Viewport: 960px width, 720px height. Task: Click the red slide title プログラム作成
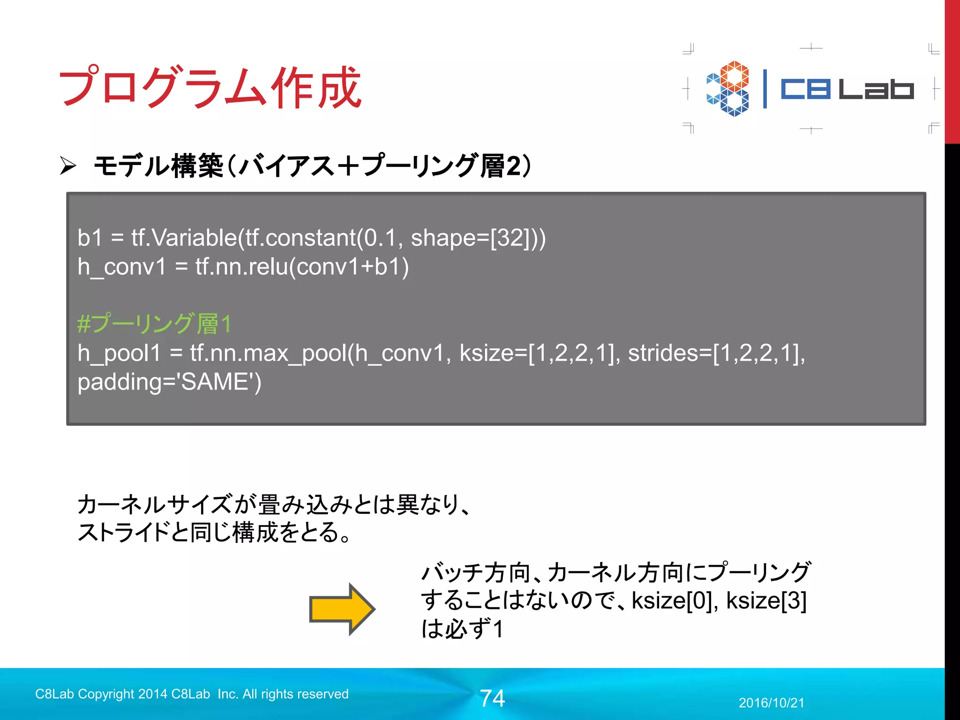coord(210,87)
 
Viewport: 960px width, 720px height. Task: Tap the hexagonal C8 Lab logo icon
coord(728,89)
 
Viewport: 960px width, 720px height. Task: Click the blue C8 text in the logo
coord(805,89)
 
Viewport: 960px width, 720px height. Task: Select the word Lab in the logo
coord(876,89)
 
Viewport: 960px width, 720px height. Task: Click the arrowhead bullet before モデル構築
coord(68,166)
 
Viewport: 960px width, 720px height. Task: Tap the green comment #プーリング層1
coord(155,323)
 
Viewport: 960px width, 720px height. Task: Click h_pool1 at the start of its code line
coord(119,353)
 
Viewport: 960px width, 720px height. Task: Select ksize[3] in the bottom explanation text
coord(766,600)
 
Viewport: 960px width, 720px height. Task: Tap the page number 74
coord(492,698)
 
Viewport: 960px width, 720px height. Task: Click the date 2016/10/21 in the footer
coord(771,703)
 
